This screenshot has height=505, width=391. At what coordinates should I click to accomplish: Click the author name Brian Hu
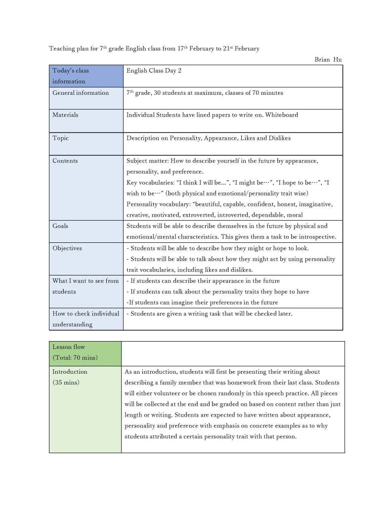328,60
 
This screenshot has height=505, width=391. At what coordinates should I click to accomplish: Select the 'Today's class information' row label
70,76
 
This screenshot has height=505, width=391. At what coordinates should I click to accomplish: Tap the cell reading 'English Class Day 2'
154,71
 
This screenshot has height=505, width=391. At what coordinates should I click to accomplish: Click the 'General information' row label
81,93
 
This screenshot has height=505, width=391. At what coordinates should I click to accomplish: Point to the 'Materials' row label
65,115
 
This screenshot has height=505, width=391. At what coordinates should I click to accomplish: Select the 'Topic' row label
61,138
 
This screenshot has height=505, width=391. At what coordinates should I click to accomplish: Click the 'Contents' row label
65,161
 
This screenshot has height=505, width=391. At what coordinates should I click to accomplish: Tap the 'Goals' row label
60,226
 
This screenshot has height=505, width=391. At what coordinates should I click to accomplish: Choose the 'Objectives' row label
67,248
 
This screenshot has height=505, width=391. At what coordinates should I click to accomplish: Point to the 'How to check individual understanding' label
86,319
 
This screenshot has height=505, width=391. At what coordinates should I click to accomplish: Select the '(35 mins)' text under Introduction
66,383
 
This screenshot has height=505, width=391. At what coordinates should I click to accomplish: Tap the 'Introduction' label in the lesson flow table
70,372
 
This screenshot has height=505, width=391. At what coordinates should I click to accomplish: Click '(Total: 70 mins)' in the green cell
75,357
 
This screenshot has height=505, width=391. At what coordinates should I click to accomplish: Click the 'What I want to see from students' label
86,286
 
